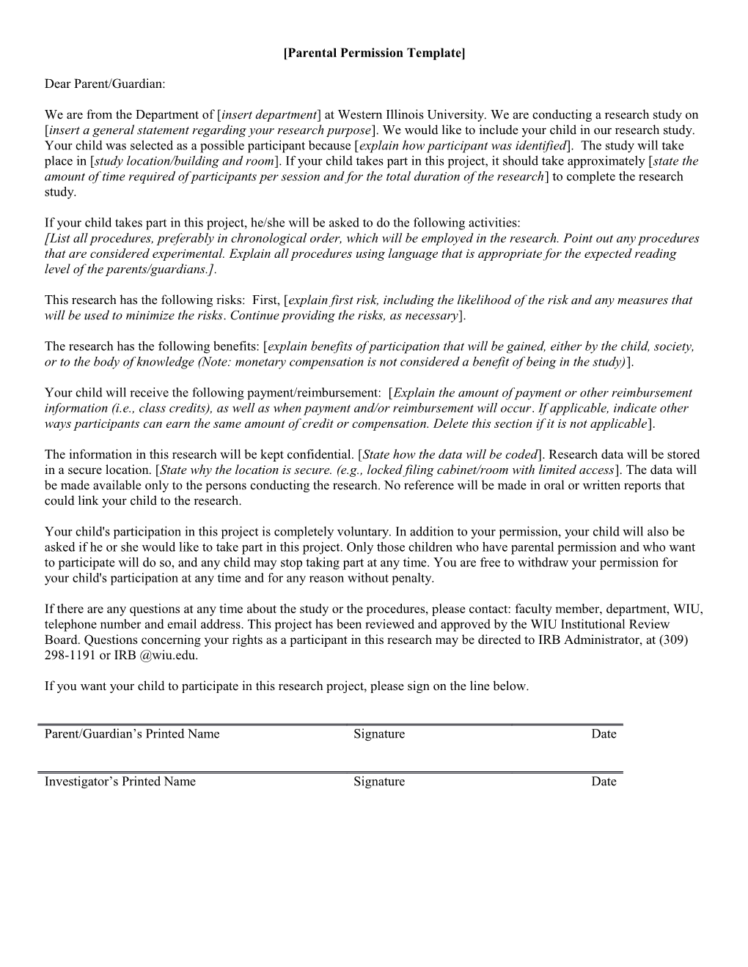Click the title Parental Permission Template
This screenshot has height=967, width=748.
tap(374, 53)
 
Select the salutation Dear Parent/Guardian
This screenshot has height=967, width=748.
tap(105, 84)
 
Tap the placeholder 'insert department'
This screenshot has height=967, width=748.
tap(269, 114)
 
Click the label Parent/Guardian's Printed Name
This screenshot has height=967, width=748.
tap(132, 734)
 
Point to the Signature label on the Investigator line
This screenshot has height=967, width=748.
tap(378, 782)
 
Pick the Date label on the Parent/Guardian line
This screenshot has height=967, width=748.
tap(604, 734)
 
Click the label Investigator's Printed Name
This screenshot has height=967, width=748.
tap(120, 782)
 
